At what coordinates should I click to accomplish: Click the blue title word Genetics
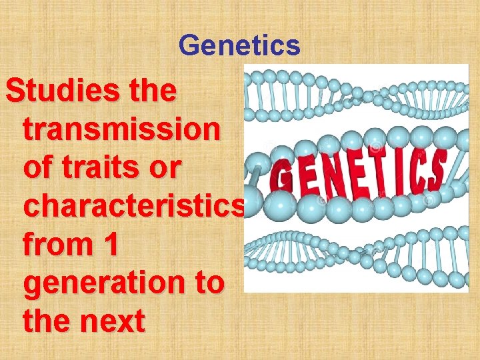(x=240, y=46)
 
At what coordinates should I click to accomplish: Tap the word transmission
(x=121, y=130)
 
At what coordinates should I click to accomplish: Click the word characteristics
(x=133, y=207)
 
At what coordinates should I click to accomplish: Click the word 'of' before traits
(x=38, y=168)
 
